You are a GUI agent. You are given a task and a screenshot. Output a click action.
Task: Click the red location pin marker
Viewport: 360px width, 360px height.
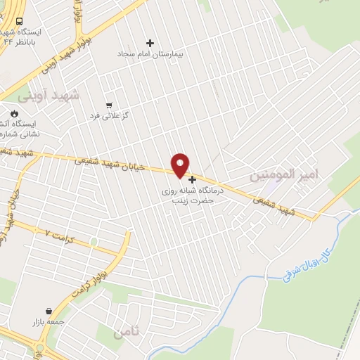181,164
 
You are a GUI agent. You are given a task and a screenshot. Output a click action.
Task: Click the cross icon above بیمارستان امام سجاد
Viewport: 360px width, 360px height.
149,43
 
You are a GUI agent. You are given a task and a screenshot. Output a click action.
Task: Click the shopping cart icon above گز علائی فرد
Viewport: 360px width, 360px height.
109,104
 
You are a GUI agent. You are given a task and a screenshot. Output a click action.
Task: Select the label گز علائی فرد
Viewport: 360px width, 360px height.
110,115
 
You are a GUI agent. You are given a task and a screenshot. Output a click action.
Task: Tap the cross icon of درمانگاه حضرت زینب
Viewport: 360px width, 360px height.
193,179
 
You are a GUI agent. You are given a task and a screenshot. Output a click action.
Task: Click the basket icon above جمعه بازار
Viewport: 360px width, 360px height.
49,310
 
